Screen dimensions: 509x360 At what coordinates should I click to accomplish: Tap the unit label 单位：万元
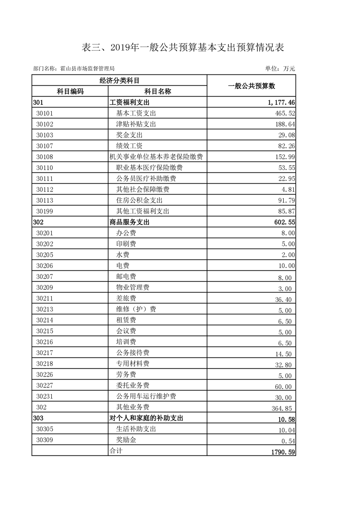pyautogui.click(x=280, y=69)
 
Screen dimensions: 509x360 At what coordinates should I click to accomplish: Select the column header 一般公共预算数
pyautogui.click(x=252, y=86)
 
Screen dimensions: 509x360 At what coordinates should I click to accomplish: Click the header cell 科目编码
pyautogui.click(x=70, y=91)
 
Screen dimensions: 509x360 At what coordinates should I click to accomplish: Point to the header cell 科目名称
pyautogui.click(x=157, y=91)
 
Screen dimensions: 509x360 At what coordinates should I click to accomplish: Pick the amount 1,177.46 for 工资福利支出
pyautogui.click(x=281, y=103)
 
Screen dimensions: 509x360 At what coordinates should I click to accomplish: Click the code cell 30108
pyautogui.click(x=45, y=157)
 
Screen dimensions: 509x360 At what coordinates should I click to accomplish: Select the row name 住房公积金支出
pyautogui.click(x=139, y=201)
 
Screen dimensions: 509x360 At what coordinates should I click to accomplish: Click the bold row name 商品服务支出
pyautogui.click(x=129, y=222)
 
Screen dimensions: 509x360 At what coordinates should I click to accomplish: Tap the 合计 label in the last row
pyautogui.click(x=116, y=451)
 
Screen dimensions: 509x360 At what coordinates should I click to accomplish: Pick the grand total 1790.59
pyautogui.click(x=281, y=451)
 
